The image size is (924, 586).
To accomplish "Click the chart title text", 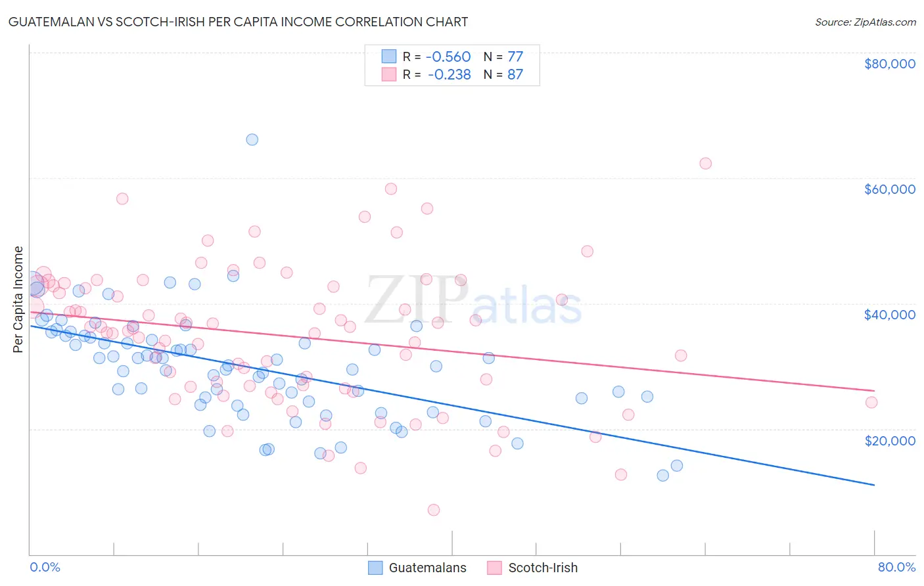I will point(238,22).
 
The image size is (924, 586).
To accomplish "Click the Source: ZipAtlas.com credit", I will point(865,22).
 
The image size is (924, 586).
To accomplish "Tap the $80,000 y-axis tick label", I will point(889,64).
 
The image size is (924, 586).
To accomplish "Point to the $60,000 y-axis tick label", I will point(889,189).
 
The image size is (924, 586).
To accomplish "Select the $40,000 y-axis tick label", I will point(889,315).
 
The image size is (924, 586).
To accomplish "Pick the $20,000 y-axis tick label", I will point(889,440).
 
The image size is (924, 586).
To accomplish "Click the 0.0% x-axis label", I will point(45,567).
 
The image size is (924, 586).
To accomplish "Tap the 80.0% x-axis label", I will point(896,567).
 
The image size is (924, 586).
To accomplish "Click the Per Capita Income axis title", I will point(18,299).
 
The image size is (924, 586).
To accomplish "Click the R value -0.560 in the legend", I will point(448,56).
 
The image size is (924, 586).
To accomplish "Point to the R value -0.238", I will point(449,74).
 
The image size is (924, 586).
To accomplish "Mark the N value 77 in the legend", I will point(515,56).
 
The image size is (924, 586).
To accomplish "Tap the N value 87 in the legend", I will point(515,74).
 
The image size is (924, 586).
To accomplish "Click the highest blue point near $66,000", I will point(252,139).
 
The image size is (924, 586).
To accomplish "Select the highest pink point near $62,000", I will point(705,164).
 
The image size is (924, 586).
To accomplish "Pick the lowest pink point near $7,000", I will point(434,510).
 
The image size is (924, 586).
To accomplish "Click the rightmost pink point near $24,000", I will point(871,403).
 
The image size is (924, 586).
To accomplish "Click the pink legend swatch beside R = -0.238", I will point(389,74).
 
